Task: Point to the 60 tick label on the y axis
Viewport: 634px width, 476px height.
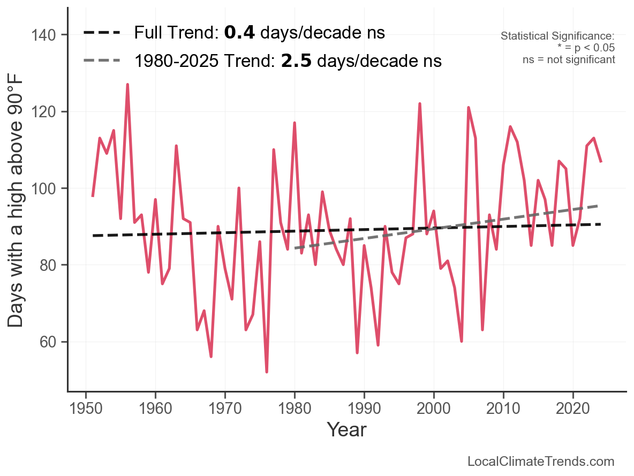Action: [51, 342]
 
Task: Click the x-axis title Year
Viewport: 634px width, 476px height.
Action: [346, 429]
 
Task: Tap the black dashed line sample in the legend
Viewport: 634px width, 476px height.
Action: [101, 33]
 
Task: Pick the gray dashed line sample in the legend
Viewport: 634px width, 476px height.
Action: [101, 61]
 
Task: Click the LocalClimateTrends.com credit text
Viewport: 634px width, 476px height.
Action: [541, 462]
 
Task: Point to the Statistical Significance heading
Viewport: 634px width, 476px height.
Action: [557, 36]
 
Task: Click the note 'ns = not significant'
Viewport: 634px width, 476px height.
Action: [569, 59]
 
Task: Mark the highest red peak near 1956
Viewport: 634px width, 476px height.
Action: [127, 85]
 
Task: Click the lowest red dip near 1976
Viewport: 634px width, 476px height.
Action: [267, 372]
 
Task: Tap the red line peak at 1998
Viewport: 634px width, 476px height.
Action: [420, 104]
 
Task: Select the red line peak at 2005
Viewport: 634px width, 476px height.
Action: [469, 108]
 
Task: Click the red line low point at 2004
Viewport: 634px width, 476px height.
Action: [462, 341]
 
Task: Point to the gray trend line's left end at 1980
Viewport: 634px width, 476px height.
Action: [295, 248]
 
